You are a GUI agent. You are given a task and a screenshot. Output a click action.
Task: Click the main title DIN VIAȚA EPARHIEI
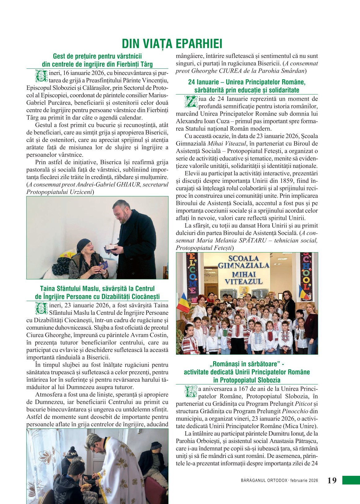(172, 44)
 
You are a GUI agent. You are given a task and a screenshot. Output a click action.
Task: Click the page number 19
(332, 480)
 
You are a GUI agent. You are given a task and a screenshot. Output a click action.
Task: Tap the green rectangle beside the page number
(351, 480)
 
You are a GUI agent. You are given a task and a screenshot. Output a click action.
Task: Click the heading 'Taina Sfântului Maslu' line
(97, 289)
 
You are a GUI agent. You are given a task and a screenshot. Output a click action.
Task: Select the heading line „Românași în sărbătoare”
(247, 364)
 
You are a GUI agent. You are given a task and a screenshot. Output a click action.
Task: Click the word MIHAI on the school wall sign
(244, 275)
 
